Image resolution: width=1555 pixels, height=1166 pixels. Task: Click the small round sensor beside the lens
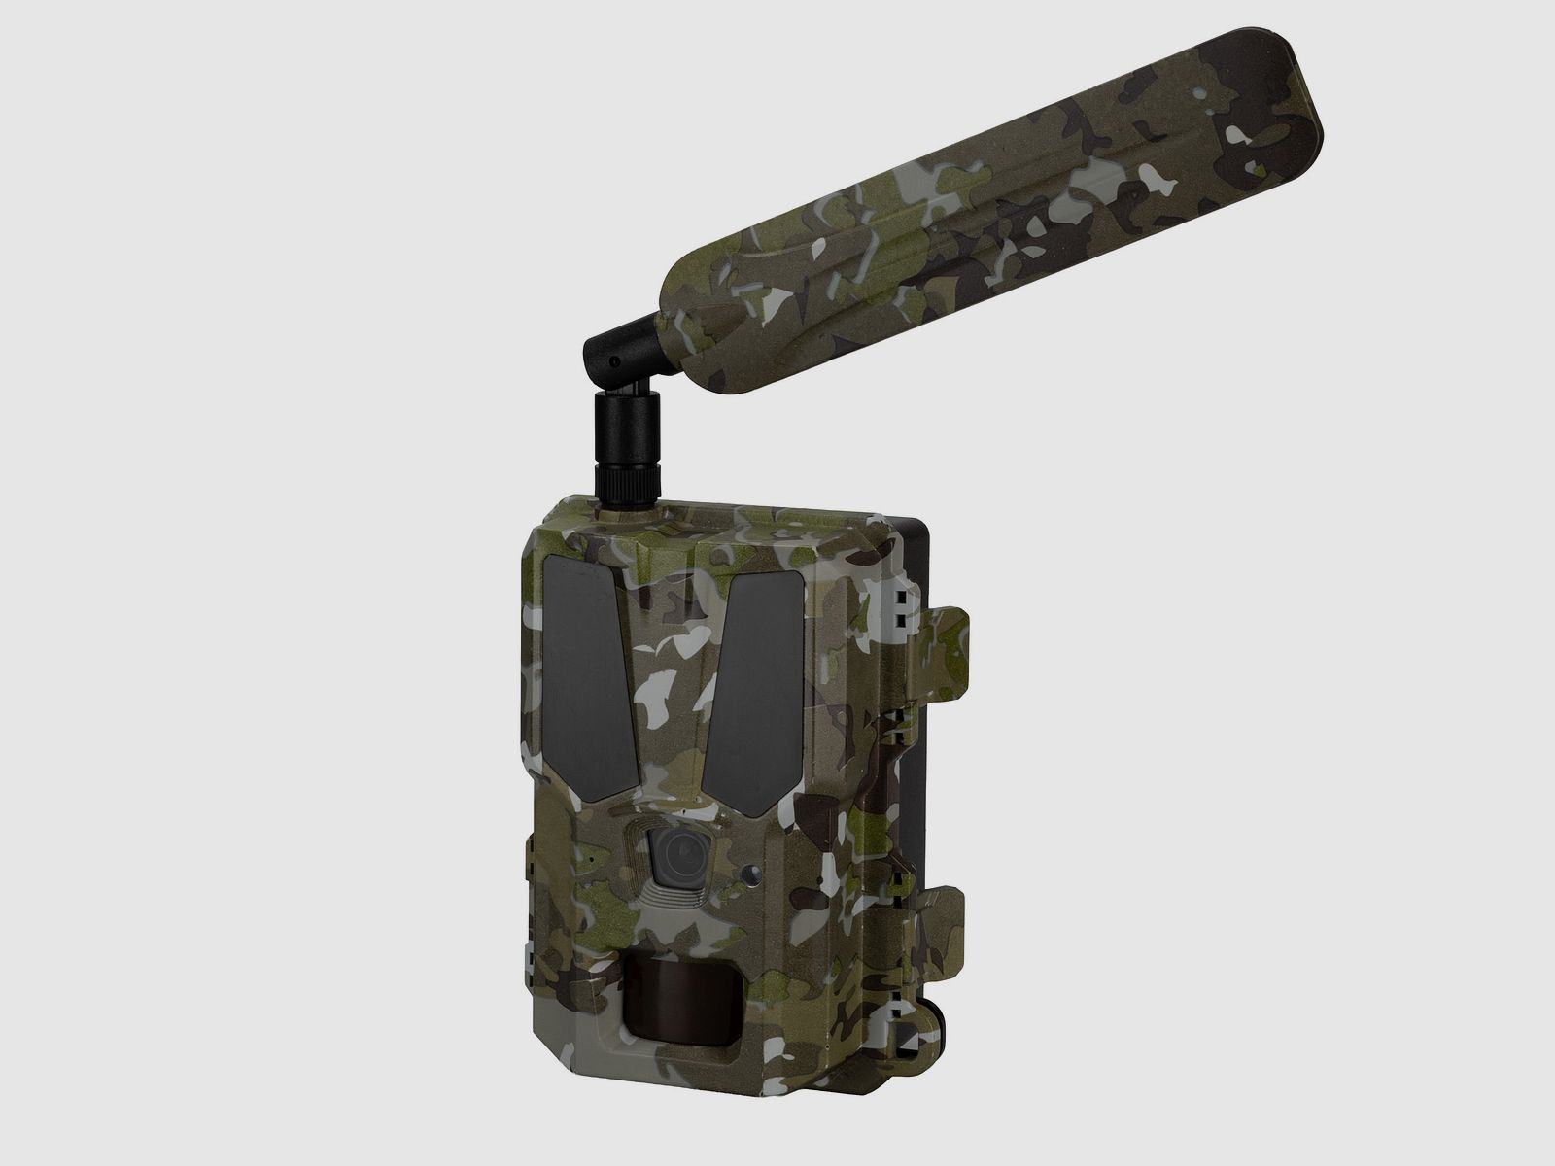click(751, 874)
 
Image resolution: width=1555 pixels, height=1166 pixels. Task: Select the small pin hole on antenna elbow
click(615, 361)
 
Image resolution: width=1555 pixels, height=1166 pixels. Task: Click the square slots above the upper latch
click(900, 607)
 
